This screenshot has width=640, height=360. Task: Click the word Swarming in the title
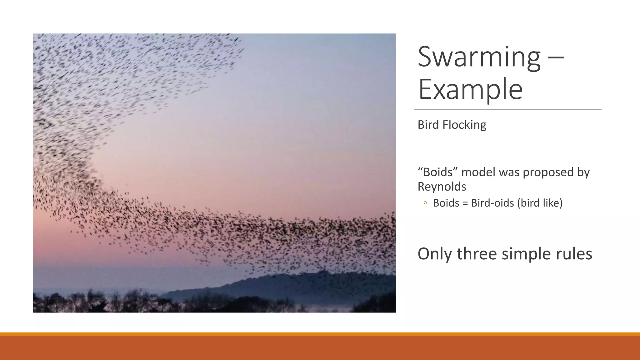(479, 57)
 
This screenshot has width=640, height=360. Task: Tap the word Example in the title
(470, 90)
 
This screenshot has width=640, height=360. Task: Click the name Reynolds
(442, 187)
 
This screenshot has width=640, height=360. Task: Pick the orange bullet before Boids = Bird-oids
(425, 203)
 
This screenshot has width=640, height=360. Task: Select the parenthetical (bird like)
(540, 203)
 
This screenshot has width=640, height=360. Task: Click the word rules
(574, 254)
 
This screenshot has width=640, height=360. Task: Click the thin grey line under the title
(507, 110)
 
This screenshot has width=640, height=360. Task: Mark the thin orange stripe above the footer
(320, 334)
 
